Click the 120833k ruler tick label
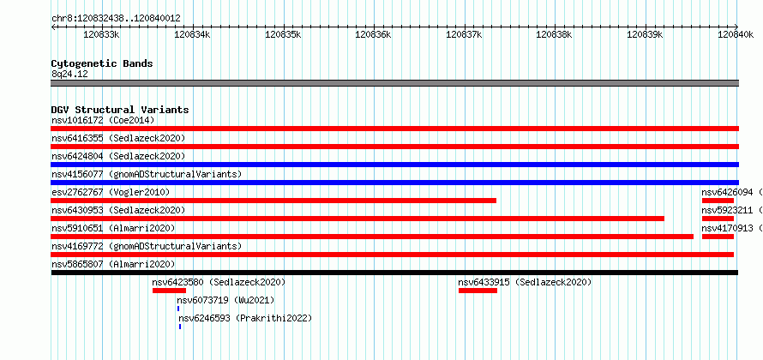[102, 34]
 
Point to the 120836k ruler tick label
[373, 34]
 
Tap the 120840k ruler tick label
[736, 34]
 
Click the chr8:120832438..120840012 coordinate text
[116, 19]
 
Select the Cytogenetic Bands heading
[102, 63]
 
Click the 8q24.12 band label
[69, 75]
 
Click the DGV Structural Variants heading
[120, 110]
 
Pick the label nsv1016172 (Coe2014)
[103, 120]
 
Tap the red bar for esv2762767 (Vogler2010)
[273, 201]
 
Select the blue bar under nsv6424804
[394, 165]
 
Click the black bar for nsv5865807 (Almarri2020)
[394, 273]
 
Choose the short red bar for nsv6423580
[170, 291]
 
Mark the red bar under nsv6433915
[478, 291]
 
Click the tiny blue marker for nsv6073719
[178, 309]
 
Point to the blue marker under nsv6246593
[180, 327]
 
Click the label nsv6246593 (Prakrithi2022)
[245, 318]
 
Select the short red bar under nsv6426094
[718, 201]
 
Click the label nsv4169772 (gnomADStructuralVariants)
[147, 246]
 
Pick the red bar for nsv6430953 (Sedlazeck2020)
[357, 219]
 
